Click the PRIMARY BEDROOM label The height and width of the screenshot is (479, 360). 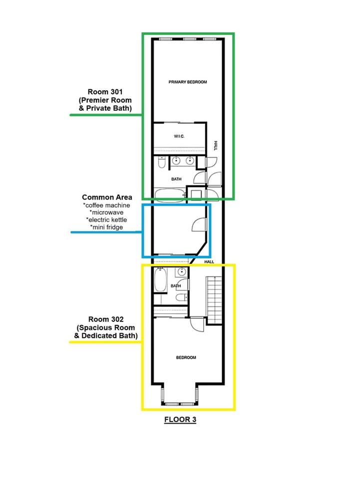coord(188,82)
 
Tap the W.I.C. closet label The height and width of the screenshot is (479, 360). coord(179,136)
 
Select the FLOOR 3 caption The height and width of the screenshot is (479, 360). coord(180,420)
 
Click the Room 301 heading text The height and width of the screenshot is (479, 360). coord(105,92)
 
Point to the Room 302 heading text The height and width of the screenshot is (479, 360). coord(106,319)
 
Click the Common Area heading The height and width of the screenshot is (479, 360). coord(107,198)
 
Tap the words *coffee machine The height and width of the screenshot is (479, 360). coord(106,205)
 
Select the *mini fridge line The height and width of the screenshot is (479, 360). coord(106,228)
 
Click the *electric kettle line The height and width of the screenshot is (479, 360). coord(106,220)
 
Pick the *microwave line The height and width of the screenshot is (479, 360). coord(106,213)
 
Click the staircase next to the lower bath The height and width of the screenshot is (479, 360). coord(214,300)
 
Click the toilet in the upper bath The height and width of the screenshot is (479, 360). coord(162,162)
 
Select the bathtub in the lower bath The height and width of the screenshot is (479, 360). coord(161,280)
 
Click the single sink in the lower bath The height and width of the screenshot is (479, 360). coord(182,271)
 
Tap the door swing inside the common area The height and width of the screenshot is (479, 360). coord(200,225)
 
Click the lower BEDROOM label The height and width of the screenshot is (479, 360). coord(186,357)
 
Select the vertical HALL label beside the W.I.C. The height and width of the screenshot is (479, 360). coord(215,145)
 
